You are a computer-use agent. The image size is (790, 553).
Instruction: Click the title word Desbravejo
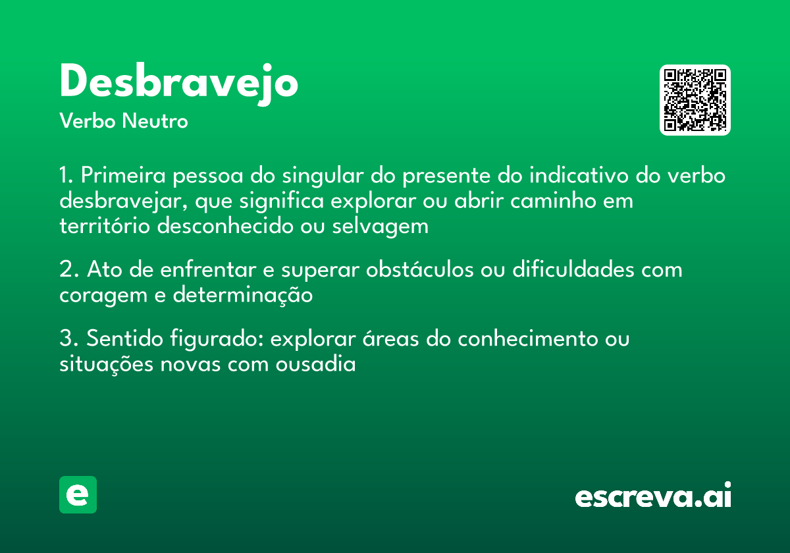tap(178, 83)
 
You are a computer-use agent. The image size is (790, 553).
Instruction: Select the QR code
tap(695, 100)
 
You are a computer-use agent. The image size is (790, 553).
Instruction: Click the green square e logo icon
tap(78, 494)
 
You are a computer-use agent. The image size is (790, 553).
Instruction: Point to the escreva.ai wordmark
tap(653, 496)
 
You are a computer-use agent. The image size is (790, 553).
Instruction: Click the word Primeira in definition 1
tap(122, 177)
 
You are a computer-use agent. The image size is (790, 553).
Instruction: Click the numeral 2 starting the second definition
tap(65, 270)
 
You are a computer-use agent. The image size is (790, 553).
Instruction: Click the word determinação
tap(242, 295)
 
